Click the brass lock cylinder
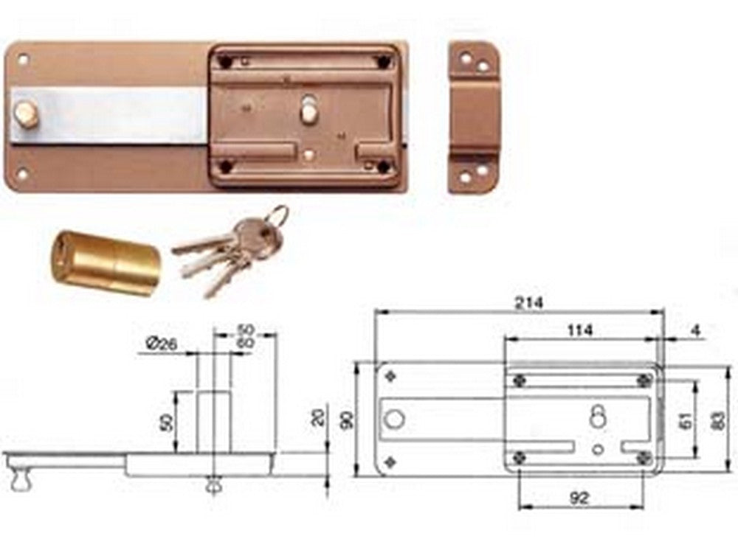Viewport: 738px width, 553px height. pyautogui.click(x=106, y=263)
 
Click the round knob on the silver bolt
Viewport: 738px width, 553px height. pyautogui.click(x=27, y=115)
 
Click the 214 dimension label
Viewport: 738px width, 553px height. pyautogui.click(x=528, y=303)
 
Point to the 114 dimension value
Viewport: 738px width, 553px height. pyautogui.click(x=579, y=330)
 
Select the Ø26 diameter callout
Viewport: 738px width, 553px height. pyautogui.click(x=162, y=344)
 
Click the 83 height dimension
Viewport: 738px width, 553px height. pyautogui.click(x=720, y=421)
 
